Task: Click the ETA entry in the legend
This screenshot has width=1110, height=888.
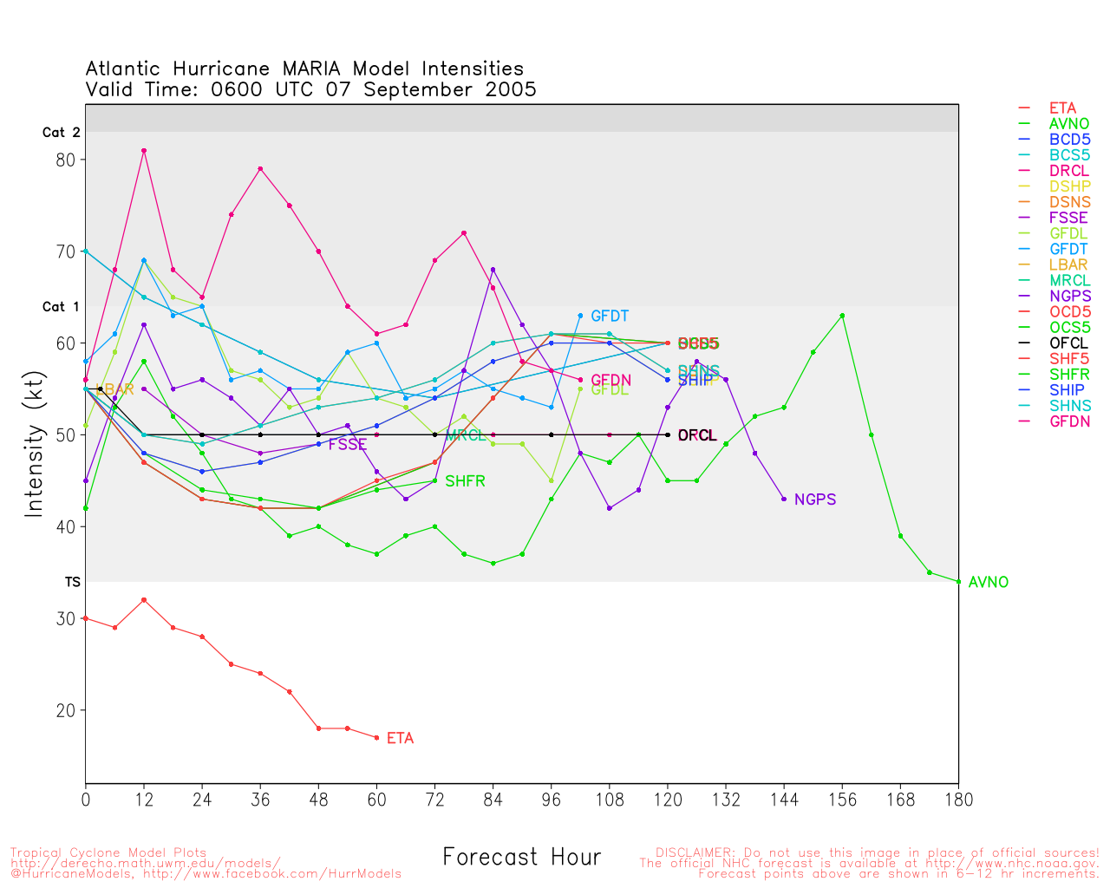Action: (x=1062, y=108)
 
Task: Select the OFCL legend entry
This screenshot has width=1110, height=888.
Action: (x=1068, y=343)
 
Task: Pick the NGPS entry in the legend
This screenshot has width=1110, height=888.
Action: (x=1069, y=297)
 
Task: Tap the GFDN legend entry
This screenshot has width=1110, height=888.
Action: (x=1069, y=421)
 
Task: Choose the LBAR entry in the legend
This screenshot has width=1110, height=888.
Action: (x=1068, y=265)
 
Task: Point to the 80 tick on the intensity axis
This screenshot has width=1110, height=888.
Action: (x=66, y=160)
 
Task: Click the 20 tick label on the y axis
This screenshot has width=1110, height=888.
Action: (x=66, y=710)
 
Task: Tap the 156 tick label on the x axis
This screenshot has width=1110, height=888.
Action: (x=842, y=800)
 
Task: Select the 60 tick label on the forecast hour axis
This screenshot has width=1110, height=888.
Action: (x=376, y=800)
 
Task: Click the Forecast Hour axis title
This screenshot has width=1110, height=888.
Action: (x=521, y=858)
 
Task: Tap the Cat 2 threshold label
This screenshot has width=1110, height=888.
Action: (x=61, y=133)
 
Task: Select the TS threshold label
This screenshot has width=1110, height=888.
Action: (x=72, y=582)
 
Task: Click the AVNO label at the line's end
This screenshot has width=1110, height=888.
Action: (x=988, y=583)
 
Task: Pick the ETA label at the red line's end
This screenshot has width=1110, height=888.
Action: (x=400, y=739)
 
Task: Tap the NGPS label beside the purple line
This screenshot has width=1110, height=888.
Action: (x=814, y=499)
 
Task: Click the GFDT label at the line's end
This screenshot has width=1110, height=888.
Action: (x=610, y=317)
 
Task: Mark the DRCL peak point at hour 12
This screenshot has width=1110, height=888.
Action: (x=144, y=151)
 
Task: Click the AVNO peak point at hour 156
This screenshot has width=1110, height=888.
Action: (x=842, y=316)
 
